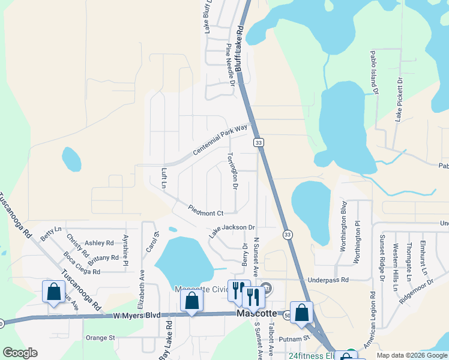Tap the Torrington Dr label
[232, 170]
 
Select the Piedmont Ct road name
[206, 212]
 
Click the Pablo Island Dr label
[375, 72]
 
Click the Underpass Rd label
[328, 280]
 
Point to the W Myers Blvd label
[137, 315]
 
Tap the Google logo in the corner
[20, 352]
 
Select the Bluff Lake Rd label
[240, 48]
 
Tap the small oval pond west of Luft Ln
[71, 159]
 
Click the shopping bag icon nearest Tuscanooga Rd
[53, 292]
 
